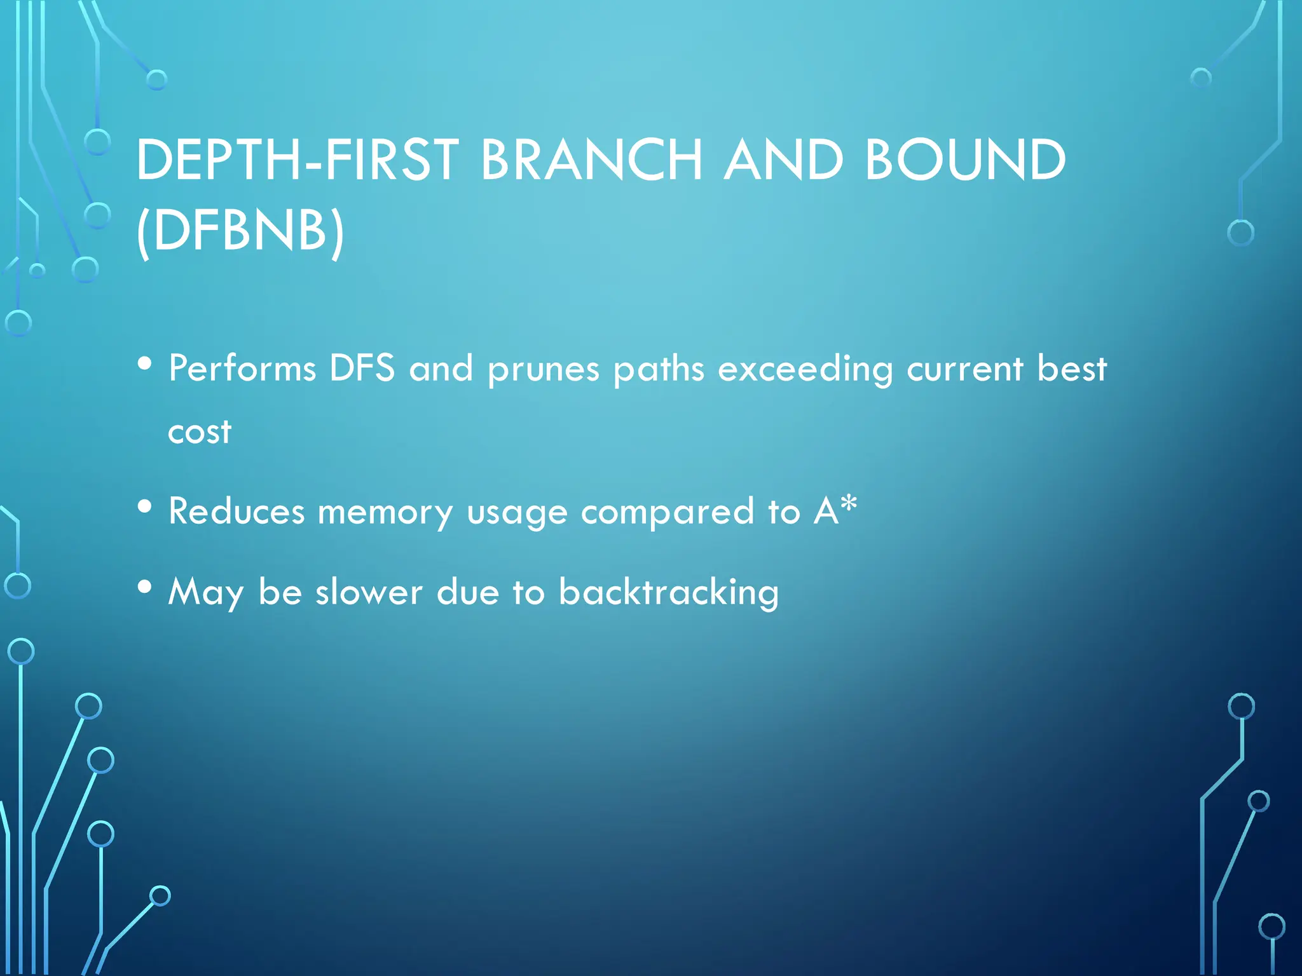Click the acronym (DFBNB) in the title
click(x=240, y=230)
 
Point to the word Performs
click(x=242, y=369)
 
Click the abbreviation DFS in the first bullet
click(x=362, y=369)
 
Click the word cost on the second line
click(x=200, y=433)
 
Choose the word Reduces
click(x=236, y=512)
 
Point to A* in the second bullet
click(x=835, y=510)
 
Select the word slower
click(x=369, y=592)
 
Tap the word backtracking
click(x=669, y=592)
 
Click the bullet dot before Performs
click(x=145, y=364)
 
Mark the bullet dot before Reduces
click(x=145, y=506)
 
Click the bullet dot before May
click(x=145, y=586)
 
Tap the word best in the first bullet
click(x=1072, y=369)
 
